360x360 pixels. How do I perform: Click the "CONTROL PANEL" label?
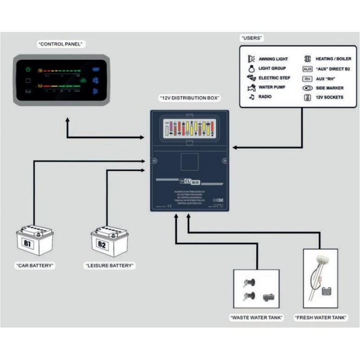pos(62,44)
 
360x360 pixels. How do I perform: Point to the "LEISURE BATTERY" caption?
pos(110,266)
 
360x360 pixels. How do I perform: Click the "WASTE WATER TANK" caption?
pos(256,318)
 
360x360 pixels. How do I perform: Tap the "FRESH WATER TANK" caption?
pos(321,318)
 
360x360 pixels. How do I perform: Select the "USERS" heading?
pos(252,38)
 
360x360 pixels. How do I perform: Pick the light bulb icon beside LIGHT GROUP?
pos(251,69)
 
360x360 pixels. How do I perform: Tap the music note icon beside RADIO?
pos(251,97)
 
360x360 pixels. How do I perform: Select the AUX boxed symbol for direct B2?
pos(308,69)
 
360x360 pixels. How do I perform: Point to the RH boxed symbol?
pos(308,78)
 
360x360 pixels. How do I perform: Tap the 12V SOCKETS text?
pos(329,97)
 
